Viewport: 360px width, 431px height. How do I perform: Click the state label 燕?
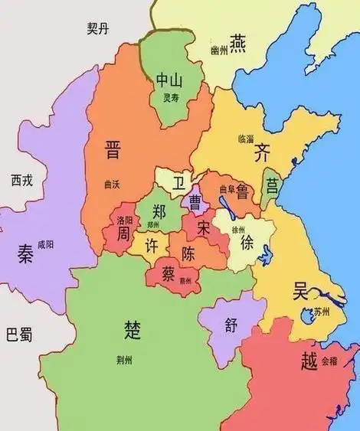click(x=238, y=39)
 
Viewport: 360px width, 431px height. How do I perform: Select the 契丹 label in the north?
click(x=100, y=29)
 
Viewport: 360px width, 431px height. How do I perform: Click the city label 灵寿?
click(x=169, y=97)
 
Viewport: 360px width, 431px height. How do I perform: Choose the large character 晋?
click(x=113, y=149)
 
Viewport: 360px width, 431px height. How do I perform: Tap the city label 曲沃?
click(x=112, y=184)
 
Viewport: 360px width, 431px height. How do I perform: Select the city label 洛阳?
click(x=125, y=219)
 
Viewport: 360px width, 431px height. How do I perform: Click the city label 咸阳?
click(x=45, y=245)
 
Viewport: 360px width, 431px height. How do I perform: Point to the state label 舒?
click(x=232, y=324)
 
